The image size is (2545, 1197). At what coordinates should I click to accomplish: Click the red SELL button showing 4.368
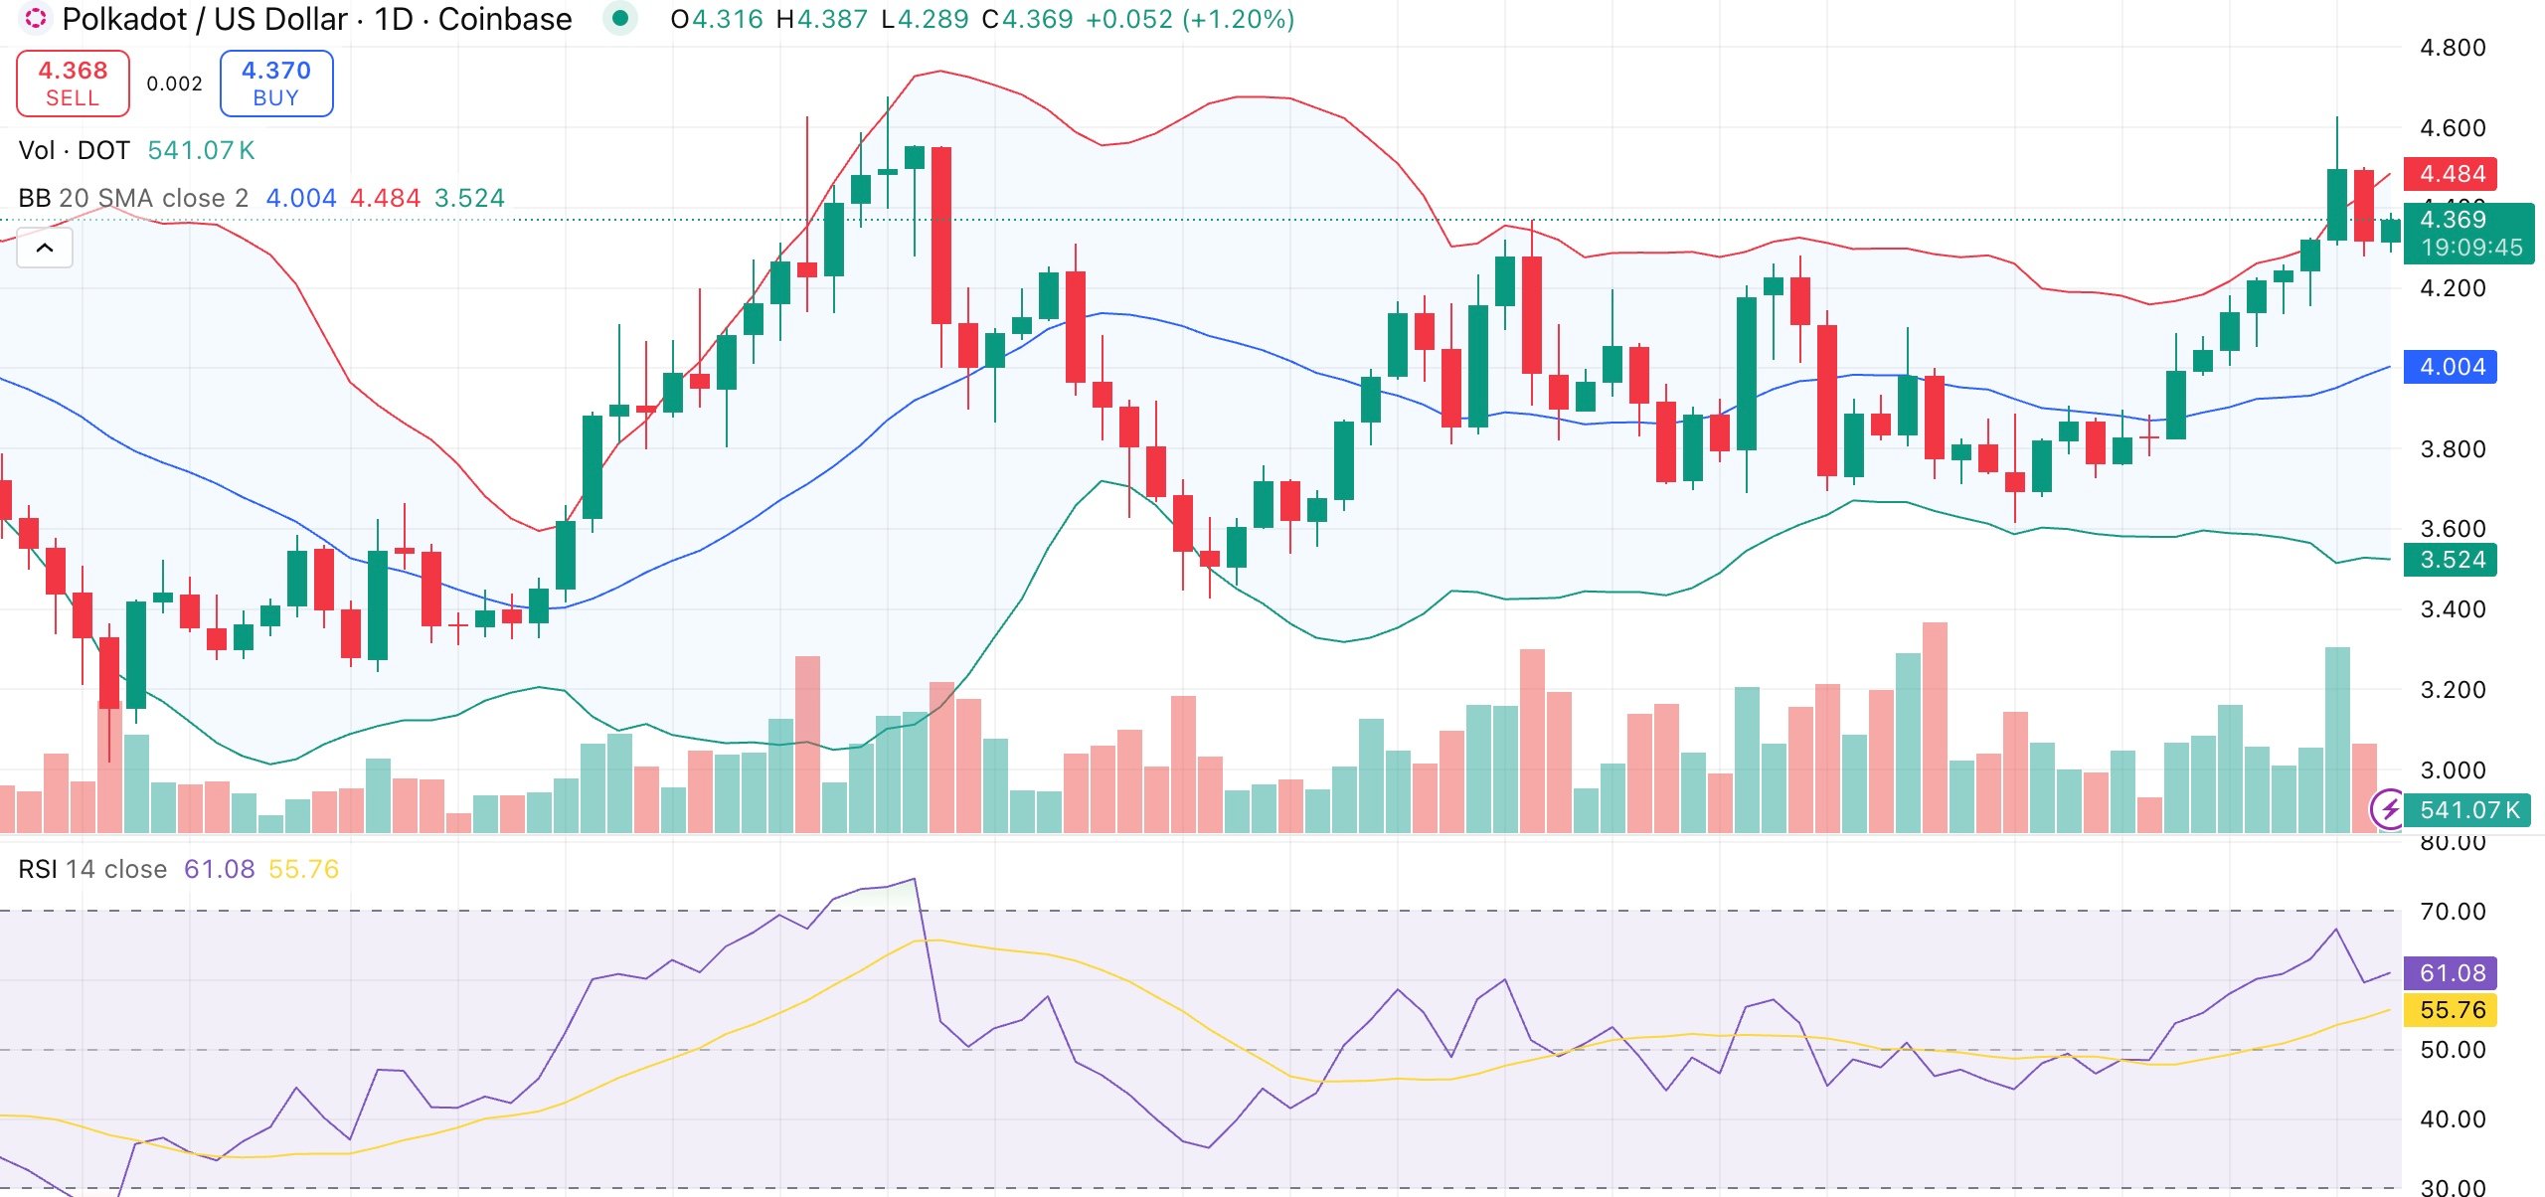coord(73,84)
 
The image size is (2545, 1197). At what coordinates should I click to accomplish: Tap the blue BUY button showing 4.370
coord(275,84)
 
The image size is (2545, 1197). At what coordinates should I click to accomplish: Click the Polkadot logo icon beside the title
coord(35,18)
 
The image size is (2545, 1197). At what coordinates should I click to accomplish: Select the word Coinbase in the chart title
coord(504,19)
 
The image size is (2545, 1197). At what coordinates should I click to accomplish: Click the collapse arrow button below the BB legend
coord(45,248)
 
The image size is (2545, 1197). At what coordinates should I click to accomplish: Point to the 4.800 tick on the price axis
coord(2452,48)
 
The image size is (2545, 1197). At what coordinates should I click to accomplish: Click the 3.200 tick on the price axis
coord(2452,689)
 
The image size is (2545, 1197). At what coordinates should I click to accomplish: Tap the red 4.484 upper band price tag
coord(2452,174)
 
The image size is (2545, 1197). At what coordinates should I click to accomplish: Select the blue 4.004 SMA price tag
coord(2452,367)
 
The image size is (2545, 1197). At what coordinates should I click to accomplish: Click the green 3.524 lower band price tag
coord(2452,560)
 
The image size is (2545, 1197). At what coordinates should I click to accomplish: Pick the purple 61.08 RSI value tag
coord(2452,972)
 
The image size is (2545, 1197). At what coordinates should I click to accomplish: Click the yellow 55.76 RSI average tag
coord(2452,1010)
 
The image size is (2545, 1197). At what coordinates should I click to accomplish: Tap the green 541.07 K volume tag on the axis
coord(2468,810)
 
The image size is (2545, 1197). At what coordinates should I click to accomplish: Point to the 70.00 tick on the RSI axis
coord(2452,912)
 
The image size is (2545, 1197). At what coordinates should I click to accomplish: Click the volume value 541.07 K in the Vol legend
coord(201,150)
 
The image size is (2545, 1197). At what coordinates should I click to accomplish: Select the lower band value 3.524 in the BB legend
coord(469,198)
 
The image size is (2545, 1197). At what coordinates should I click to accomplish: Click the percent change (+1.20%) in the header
coord(1238,19)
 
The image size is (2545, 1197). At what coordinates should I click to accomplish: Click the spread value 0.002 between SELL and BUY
coord(174,84)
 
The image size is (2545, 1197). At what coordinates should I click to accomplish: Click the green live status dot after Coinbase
coord(620,18)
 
